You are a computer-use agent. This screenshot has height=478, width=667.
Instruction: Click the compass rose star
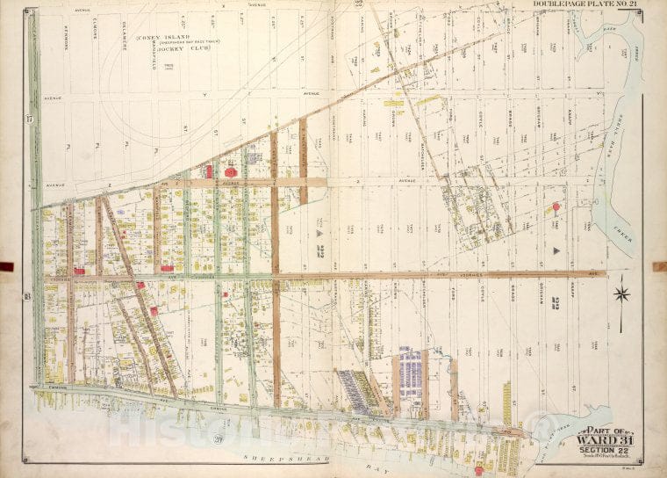click(x=621, y=293)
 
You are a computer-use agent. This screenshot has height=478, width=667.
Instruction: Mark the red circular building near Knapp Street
click(x=556, y=208)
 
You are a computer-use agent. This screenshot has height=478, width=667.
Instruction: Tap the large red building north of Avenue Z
click(x=232, y=172)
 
